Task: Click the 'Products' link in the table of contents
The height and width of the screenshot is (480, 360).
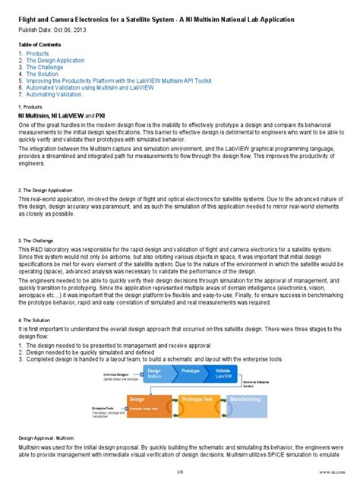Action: [37, 54]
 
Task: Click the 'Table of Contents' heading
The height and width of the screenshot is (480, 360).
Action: [37, 45]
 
